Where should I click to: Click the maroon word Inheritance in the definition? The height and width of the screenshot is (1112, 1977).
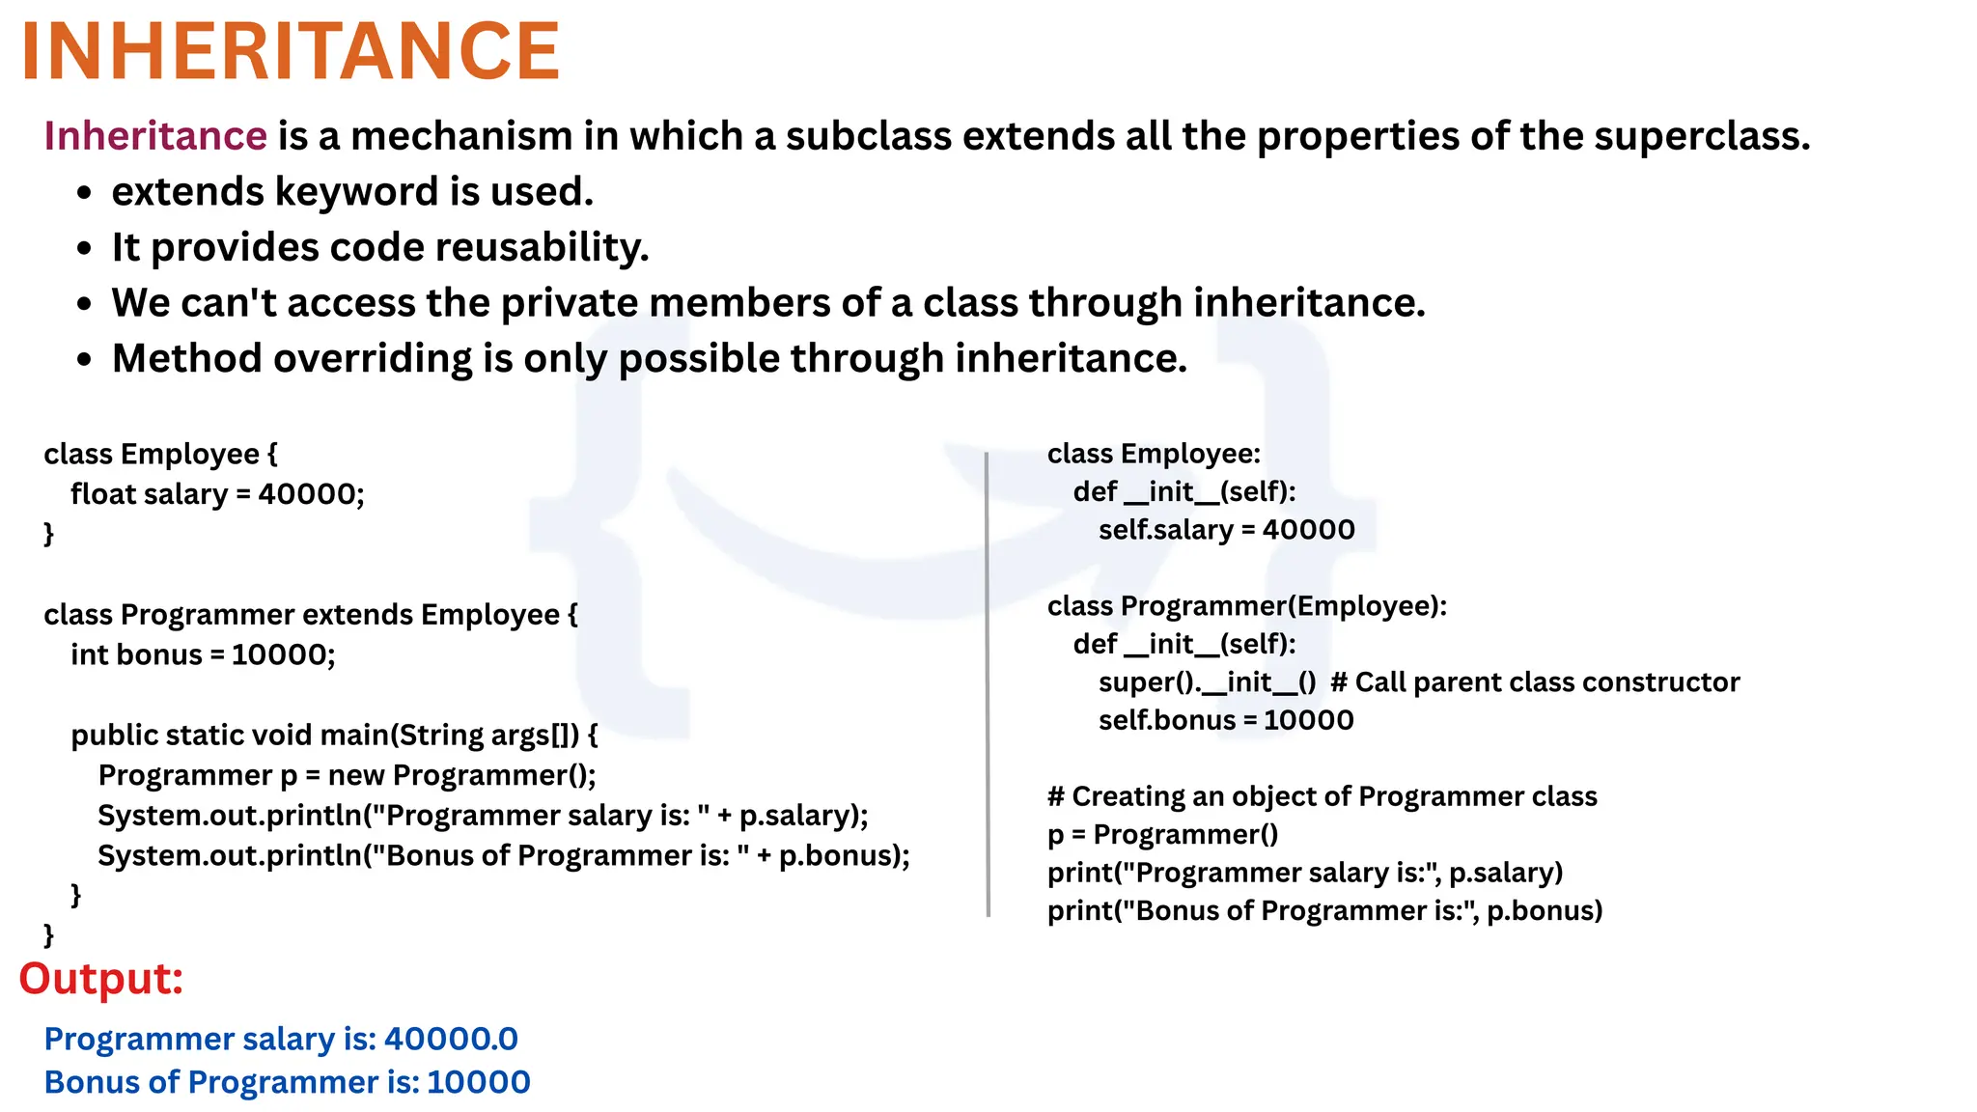click(155, 136)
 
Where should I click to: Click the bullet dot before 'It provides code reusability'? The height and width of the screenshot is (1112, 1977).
click(85, 249)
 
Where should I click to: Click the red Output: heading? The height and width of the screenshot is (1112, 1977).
click(101, 979)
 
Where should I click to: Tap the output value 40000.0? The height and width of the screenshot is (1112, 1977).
click(451, 1040)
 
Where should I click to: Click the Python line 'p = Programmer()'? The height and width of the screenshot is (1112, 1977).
click(1162, 835)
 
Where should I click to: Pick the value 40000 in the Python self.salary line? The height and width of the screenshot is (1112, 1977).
click(1308, 530)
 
